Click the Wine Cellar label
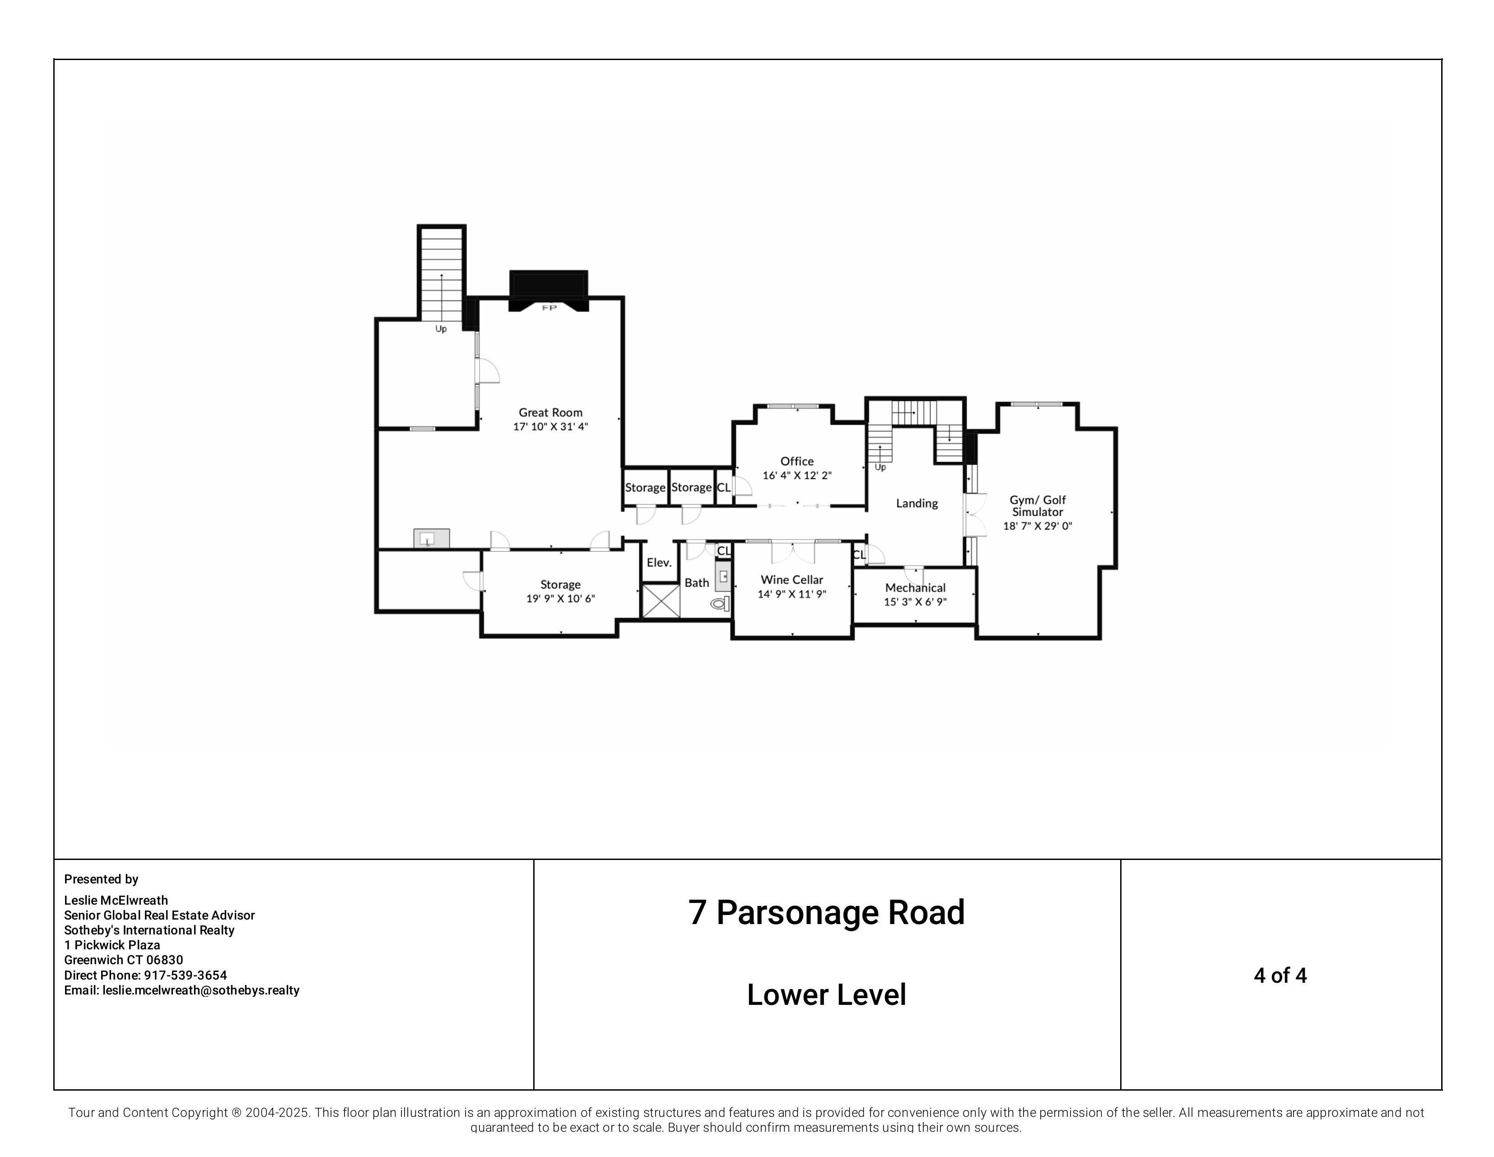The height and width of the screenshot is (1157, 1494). (x=791, y=580)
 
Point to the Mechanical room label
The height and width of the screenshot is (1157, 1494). (x=915, y=588)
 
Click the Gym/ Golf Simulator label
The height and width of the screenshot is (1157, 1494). (x=1037, y=506)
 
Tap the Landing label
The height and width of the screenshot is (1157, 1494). (x=917, y=503)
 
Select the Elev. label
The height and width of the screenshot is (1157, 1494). (x=659, y=563)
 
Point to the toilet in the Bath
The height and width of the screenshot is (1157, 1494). (x=720, y=603)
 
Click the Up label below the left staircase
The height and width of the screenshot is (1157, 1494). (x=441, y=329)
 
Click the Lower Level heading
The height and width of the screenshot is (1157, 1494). (x=826, y=995)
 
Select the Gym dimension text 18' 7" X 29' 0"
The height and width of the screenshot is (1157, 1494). (x=1037, y=526)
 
